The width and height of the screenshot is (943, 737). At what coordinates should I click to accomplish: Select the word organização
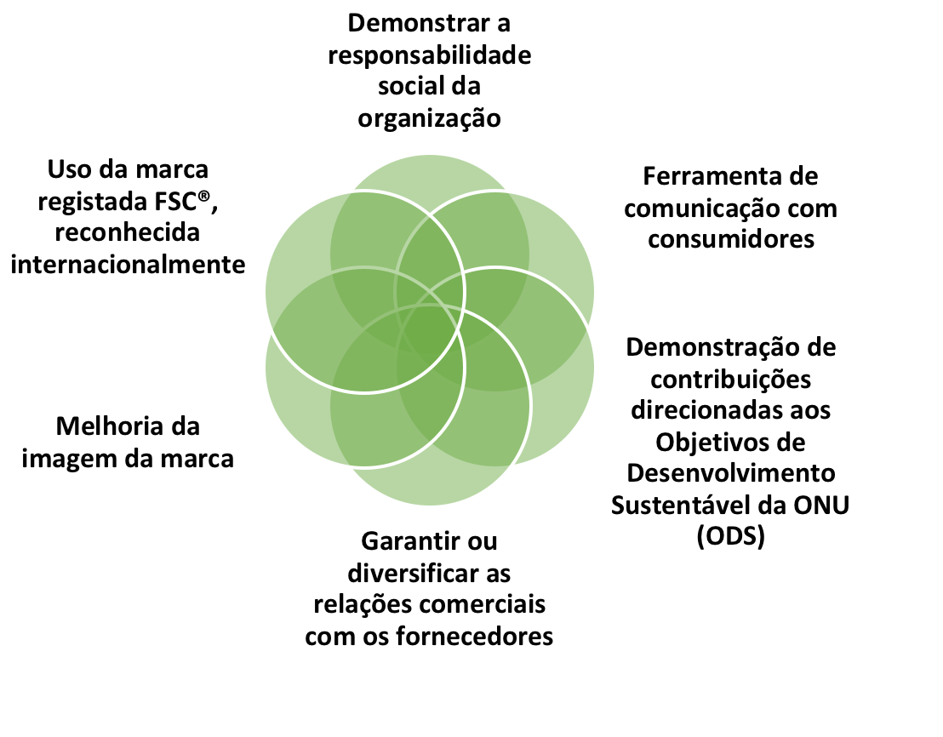pos(429,117)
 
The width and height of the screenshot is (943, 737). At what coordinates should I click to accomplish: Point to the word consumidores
pos(731,239)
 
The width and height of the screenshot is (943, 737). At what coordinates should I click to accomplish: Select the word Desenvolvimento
pos(731,473)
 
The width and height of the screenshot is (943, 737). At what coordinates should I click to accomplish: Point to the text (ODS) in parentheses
pos(730,536)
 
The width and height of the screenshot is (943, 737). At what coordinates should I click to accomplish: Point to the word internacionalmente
pos(129,264)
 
